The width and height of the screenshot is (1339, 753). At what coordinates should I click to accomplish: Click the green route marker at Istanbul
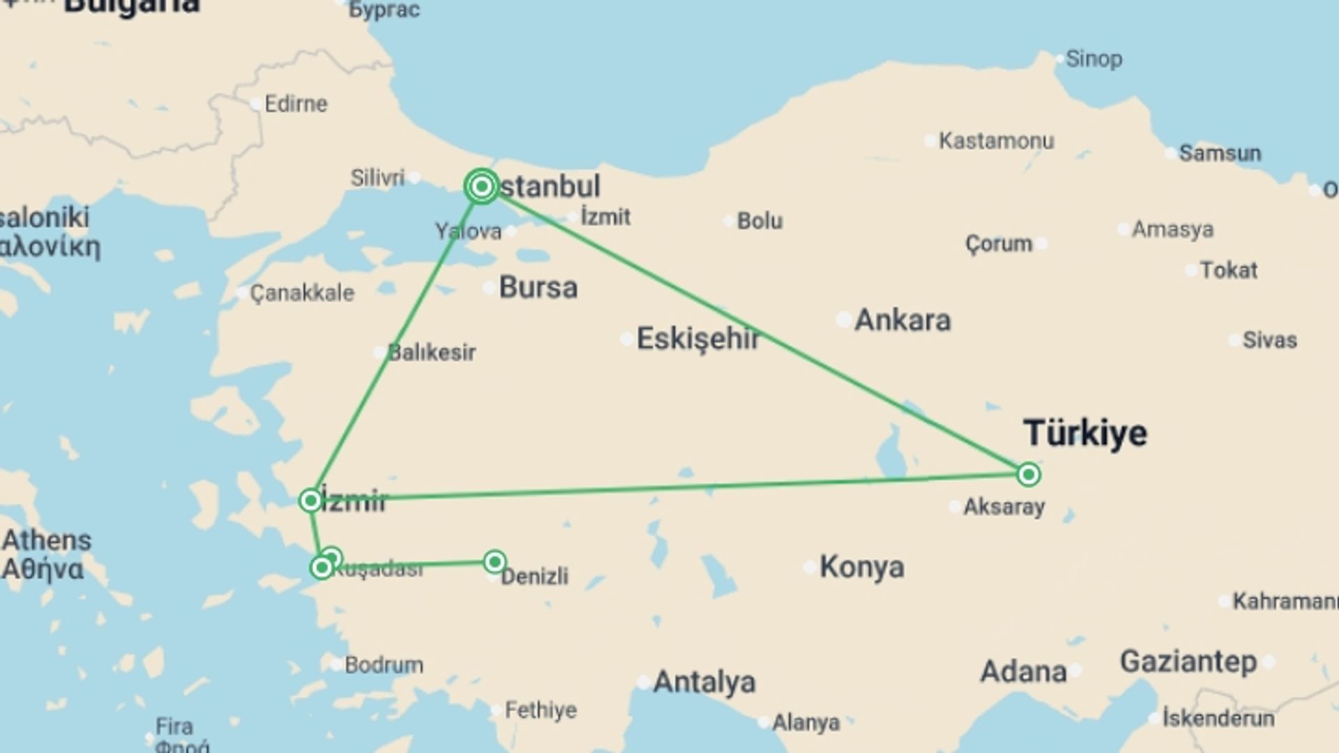coord(481,186)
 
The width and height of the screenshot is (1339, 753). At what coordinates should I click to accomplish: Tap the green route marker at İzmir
coord(310,500)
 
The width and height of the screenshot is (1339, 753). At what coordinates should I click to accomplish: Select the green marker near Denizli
coord(494,561)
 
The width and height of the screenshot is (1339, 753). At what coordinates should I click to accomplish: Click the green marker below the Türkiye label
coord(1028,475)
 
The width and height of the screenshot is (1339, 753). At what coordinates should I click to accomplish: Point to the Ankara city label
coord(902,320)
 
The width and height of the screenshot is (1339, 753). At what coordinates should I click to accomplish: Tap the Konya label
coord(862,567)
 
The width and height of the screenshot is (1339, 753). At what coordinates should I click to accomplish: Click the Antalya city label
coord(704,682)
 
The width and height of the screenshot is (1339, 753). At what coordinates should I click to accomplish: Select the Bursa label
coord(538,287)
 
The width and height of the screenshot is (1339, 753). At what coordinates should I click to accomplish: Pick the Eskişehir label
coord(698,339)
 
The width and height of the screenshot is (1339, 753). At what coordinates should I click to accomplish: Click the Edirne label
coord(296,104)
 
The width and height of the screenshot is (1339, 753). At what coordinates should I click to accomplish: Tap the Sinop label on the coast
coord(1094,59)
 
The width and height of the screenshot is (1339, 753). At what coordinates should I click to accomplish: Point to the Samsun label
coord(1220,153)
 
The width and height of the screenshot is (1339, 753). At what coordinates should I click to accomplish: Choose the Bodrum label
coord(384,665)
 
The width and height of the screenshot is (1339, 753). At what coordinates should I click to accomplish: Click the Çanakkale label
coord(302,293)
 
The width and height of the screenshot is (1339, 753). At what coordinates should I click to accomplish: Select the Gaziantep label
coord(1188,661)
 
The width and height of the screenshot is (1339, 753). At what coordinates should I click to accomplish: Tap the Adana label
coord(1023,672)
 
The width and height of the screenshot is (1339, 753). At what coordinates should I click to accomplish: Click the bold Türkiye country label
coord(1085,433)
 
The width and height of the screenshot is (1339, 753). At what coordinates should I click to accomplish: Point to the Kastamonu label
coord(996,141)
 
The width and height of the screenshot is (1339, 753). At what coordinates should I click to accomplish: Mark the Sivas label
coord(1269,340)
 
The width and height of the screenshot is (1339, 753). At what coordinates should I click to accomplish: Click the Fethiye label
coord(540,710)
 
